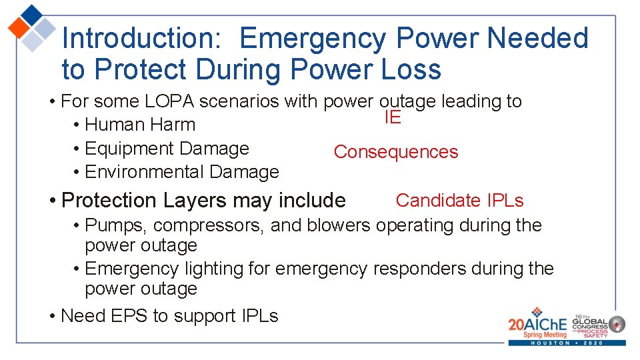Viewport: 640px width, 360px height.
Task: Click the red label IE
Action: pyautogui.click(x=392, y=118)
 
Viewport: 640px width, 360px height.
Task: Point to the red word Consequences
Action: pyautogui.click(x=395, y=152)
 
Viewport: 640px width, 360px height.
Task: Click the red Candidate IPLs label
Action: pyautogui.click(x=459, y=200)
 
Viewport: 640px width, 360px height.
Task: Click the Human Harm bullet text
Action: pyautogui.click(x=140, y=125)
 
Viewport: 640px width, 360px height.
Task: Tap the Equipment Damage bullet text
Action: pyautogui.click(x=167, y=149)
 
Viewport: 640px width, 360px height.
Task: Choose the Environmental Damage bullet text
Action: pyautogui.click(x=182, y=172)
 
